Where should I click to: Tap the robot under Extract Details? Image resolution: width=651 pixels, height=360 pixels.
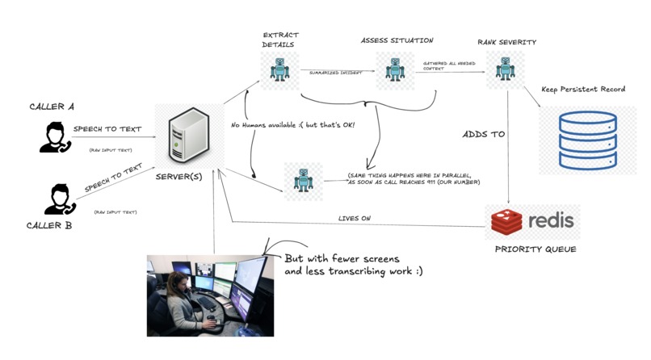(x=279, y=70)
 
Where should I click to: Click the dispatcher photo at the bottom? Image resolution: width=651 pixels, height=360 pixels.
(x=207, y=295)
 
